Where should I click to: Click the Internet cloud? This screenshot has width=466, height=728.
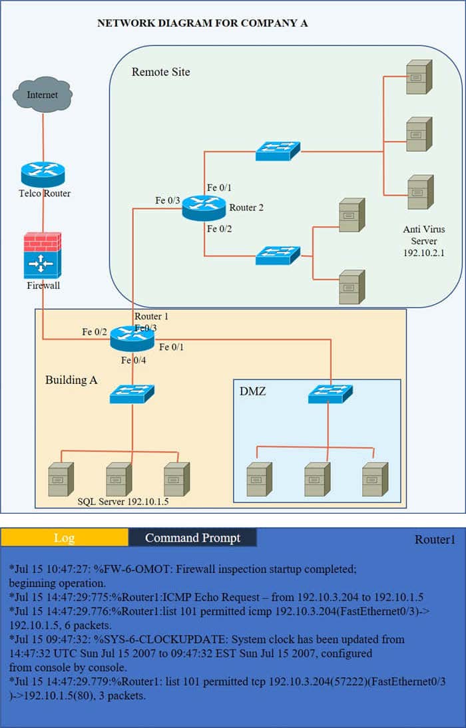click(43, 95)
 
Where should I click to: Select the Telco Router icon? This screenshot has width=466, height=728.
click(43, 174)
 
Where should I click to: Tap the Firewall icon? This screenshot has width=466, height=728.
click(43, 255)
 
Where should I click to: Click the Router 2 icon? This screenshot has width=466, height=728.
click(204, 208)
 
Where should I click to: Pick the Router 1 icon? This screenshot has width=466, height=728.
click(132, 339)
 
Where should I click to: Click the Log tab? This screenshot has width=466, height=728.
click(64, 538)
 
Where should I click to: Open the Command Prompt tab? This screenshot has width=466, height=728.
click(192, 538)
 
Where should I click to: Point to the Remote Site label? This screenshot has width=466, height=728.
click(160, 72)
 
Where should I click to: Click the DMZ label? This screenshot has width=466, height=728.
click(252, 392)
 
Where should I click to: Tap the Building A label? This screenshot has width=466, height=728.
click(71, 381)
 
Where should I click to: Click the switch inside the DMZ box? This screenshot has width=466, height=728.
click(330, 394)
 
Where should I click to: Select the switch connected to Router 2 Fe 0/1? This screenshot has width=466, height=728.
click(278, 151)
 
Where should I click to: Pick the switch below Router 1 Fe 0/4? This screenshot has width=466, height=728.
click(132, 394)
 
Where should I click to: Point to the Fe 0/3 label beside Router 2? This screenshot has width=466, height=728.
click(168, 200)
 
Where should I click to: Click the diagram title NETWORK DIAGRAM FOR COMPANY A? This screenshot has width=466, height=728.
click(202, 23)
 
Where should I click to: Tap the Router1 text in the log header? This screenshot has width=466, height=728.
click(435, 539)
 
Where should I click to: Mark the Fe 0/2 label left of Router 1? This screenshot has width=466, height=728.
click(95, 331)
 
